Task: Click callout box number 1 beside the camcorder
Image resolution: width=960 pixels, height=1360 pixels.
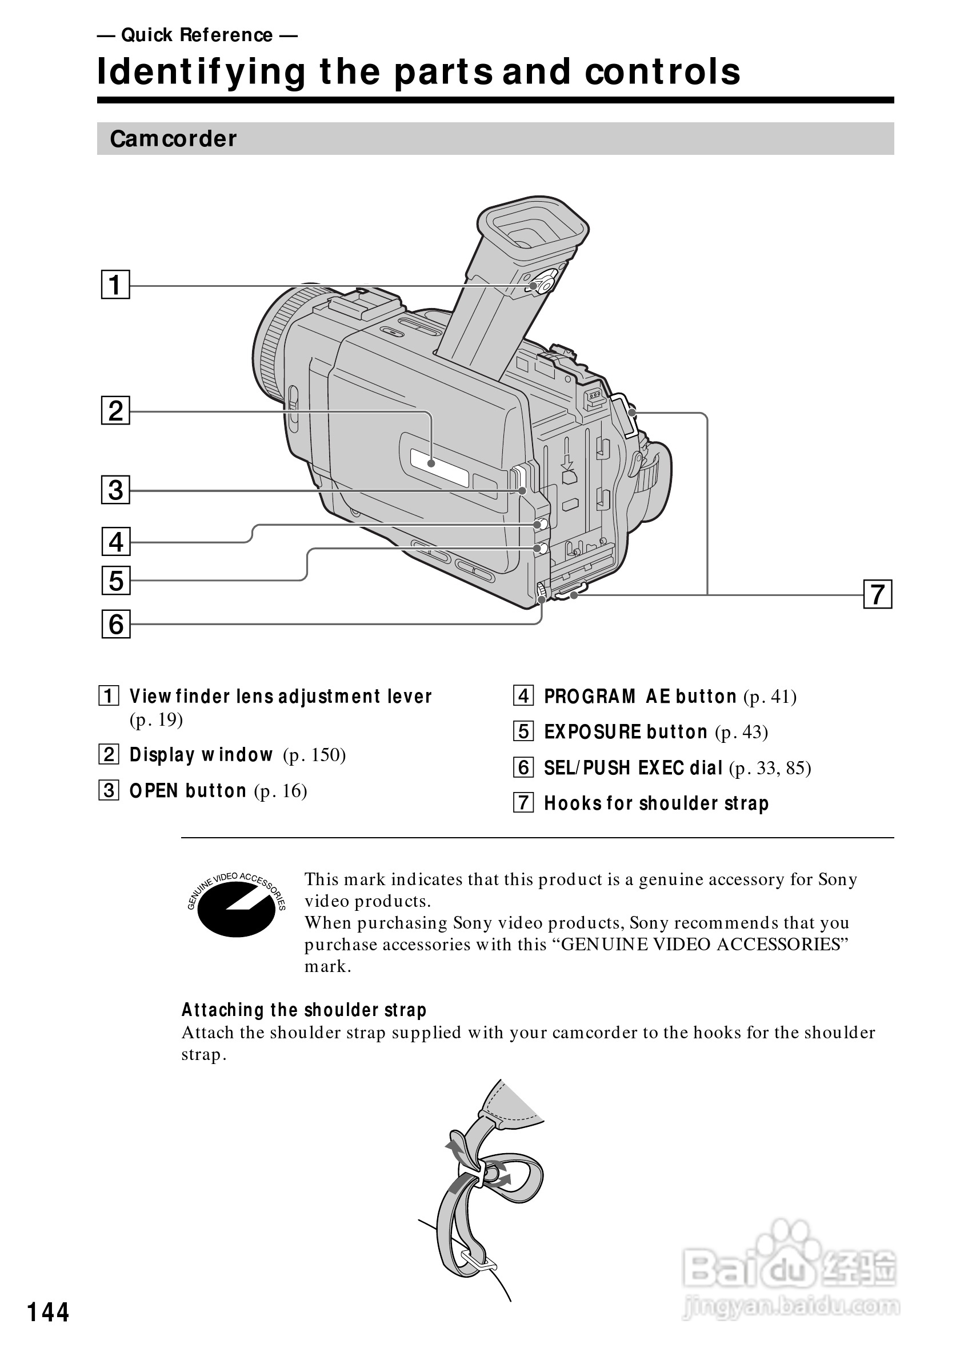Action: point(115,285)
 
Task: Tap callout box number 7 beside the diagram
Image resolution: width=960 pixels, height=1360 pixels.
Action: point(877,594)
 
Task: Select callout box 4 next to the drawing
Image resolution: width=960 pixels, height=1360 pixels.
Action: point(115,541)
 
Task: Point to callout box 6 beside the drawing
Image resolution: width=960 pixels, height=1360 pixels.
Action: point(115,624)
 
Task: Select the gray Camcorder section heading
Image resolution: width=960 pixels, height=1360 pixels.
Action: point(173,139)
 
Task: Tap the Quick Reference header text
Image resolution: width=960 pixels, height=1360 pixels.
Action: point(197,35)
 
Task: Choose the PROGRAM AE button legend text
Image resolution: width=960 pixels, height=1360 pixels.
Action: point(639,697)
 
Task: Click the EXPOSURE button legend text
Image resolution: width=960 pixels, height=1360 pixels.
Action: point(625,732)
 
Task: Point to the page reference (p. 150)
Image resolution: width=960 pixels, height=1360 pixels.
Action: point(314,755)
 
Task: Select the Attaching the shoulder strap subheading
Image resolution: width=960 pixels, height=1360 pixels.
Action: point(304,1009)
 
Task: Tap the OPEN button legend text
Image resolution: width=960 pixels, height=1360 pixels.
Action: point(188,791)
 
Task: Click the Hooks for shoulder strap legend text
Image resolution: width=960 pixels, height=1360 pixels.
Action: point(656,803)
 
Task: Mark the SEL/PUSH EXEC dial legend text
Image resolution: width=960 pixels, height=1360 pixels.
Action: point(633,767)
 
